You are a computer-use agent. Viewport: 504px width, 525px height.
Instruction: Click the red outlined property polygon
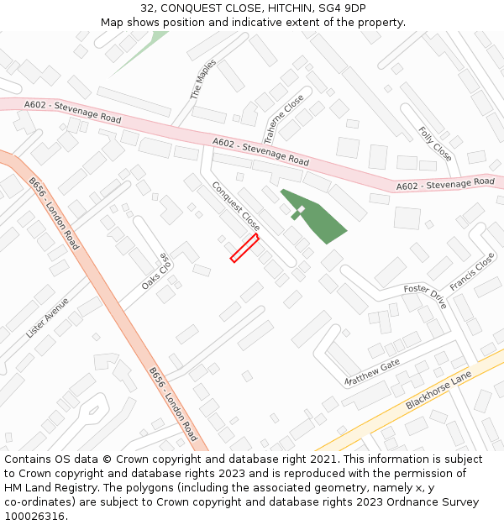244,249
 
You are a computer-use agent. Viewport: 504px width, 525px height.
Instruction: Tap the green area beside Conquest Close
318,218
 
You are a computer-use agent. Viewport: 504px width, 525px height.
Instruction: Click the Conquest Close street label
236,206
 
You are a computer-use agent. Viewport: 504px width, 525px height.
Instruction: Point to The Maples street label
203,80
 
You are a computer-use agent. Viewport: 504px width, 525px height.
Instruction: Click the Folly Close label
435,144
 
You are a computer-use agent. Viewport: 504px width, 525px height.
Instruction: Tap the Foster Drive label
425,296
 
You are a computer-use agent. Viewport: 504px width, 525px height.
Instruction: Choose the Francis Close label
471,273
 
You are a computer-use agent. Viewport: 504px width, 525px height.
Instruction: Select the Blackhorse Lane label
438,391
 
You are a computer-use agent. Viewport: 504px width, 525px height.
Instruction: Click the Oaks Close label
155,272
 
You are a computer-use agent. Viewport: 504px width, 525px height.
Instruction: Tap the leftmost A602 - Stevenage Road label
72,112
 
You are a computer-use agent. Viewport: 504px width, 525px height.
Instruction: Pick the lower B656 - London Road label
173,404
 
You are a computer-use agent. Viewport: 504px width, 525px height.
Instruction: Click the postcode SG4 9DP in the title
342,8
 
